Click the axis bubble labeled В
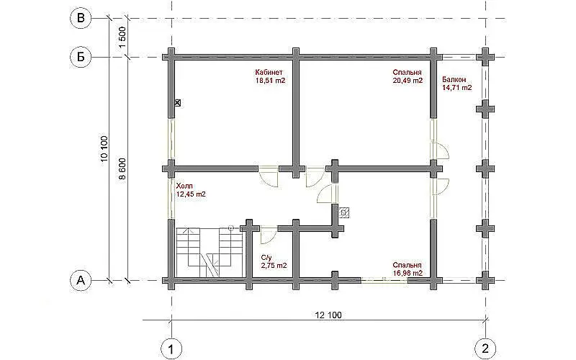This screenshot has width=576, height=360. [81, 18]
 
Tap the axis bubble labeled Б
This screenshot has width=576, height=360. [81, 57]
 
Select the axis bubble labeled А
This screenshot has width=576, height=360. [81, 280]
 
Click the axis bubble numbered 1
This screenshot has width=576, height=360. [171, 348]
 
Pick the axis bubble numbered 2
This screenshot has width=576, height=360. [485, 348]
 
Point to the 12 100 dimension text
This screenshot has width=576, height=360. [328, 315]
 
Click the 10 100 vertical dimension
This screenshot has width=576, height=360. [104, 149]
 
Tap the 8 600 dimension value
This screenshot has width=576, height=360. [122, 169]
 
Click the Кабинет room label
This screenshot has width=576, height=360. [269, 73]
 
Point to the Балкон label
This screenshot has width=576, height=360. [454, 80]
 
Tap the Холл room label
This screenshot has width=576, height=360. [184, 186]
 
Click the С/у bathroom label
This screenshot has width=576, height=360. [266, 258]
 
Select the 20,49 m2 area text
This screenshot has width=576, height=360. [408, 81]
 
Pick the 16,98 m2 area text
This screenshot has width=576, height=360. [408, 274]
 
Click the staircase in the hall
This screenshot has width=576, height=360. [210, 253]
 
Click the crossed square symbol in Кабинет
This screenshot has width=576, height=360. [178, 103]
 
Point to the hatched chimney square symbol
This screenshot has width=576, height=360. [344, 212]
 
